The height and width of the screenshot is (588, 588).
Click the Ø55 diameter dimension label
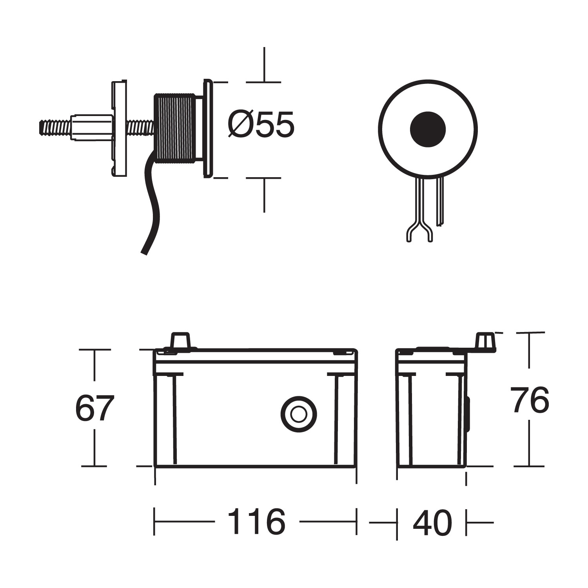261,125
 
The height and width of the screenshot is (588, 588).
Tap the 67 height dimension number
94,408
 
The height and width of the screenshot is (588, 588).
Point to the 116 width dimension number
256,522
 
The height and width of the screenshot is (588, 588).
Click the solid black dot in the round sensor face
428,129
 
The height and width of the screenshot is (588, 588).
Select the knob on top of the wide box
180,339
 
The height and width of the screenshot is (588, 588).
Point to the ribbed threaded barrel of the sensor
175,128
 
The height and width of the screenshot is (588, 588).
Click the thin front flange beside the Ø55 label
208,129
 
